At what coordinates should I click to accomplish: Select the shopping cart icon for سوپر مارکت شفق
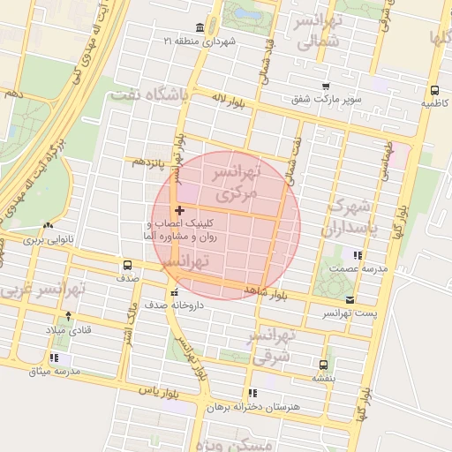click(x=326, y=86)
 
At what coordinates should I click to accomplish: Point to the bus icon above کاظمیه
click(x=433, y=90)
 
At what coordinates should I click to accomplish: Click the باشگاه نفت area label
click(x=145, y=95)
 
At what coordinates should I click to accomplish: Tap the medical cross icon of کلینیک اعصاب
click(x=180, y=210)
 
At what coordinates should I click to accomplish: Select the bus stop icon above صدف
click(x=128, y=264)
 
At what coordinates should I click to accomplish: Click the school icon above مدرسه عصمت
click(x=357, y=255)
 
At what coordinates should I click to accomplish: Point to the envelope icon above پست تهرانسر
click(x=352, y=300)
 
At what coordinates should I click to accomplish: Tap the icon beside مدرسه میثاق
click(x=55, y=358)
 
